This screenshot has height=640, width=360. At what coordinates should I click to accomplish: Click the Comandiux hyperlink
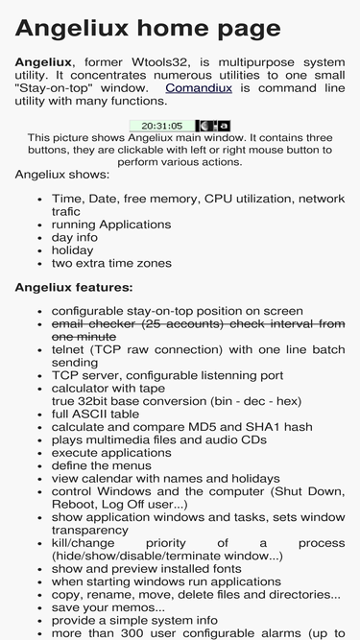(199, 88)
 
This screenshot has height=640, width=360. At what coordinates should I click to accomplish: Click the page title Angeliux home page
(148, 29)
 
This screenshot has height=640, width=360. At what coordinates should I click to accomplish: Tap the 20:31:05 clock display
(162, 126)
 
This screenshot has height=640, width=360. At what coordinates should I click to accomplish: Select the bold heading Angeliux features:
(74, 287)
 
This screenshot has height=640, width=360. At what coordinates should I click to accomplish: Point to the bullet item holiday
(72, 250)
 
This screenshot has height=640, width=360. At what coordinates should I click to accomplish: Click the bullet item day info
(75, 237)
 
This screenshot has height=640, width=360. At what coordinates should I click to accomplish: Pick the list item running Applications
(111, 225)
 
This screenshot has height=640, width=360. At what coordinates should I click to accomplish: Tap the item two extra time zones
(111, 263)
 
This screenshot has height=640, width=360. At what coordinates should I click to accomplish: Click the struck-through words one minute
(84, 337)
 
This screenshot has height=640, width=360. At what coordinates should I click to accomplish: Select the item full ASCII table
(95, 414)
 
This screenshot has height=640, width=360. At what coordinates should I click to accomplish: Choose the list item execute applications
(111, 453)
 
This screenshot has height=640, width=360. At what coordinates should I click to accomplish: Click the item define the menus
(101, 465)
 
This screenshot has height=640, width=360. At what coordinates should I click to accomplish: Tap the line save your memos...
(108, 607)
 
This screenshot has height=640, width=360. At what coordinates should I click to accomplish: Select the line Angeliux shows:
(62, 175)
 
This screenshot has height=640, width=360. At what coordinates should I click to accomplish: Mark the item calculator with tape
(108, 389)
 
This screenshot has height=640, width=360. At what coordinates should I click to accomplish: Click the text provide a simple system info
(134, 620)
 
